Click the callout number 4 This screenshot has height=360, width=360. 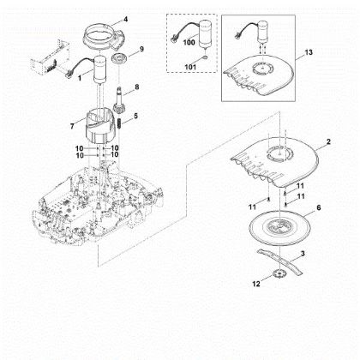pyautogui.click(x=126, y=20)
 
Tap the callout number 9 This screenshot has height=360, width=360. pyautogui.click(x=141, y=49)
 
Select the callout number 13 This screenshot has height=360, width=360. pyautogui.click(x=309, y=52)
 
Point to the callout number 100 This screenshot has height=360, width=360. pyautogui.click(x=189, y=42)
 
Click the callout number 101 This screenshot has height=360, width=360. pyautogui.click(x=190, y=67)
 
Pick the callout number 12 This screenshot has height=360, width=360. pyautogui.click(x=256, y=284)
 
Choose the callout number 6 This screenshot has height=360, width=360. pyautogui.click(x=319, y=207)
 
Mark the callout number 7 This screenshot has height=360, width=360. pyautogui.click(x=72, y=126)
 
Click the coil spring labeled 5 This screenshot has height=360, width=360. pyautogui.click(x=120, y=123)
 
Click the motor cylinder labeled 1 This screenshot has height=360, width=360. pyautogui.click(x=99, y=70)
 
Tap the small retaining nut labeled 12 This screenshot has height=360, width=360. pyautogui.click(x=276, y=274)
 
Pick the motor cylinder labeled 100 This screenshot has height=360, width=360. pyautogui.click(x=206, y=33)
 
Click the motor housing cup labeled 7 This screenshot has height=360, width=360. pyautogui.click(x=99, y=126)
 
